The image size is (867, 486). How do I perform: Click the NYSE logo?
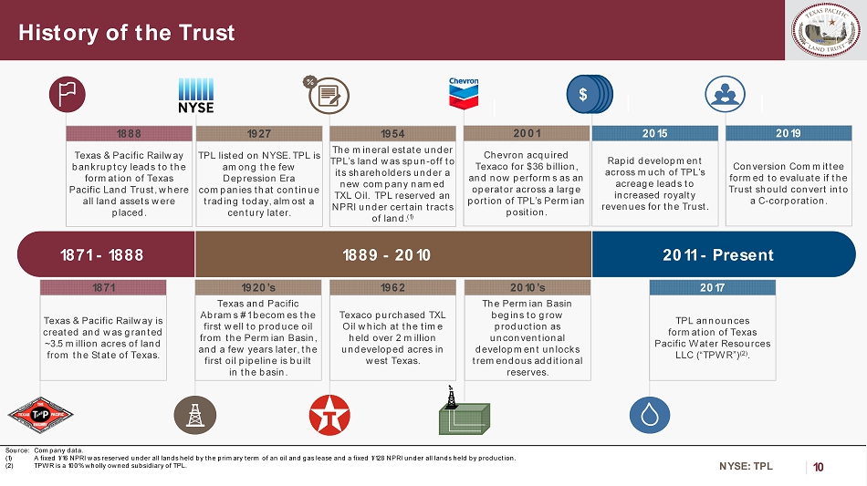pos(195,96)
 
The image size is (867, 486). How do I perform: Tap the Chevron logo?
pos(464,93)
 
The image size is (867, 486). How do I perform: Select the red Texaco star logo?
pos(329,415)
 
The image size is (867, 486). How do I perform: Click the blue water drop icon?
pos(650,415)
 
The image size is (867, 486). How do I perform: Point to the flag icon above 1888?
pos(68,95)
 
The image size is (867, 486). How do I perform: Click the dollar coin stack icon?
pos(590,95)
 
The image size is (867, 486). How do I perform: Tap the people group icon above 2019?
pos(725,94)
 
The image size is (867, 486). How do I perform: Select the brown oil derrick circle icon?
pos(195,415)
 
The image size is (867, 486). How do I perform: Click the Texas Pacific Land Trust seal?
pos(826,30)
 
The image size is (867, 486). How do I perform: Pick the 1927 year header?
pos(259,134)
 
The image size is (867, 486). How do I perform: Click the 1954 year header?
pos(392,134)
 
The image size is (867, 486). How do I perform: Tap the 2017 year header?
pos(712,288)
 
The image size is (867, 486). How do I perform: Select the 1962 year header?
pos(392,288)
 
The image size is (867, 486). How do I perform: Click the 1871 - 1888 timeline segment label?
pos(101,255)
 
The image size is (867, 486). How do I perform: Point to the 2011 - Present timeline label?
pos(718,255)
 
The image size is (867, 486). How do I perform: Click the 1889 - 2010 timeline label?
pos(387,255)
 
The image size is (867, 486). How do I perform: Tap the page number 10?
pos(819,467)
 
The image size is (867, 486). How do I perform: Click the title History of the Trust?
pos(127,33)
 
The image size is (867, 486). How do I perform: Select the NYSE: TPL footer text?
pos(746,466)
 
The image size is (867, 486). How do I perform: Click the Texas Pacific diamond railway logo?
pos(40,415)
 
